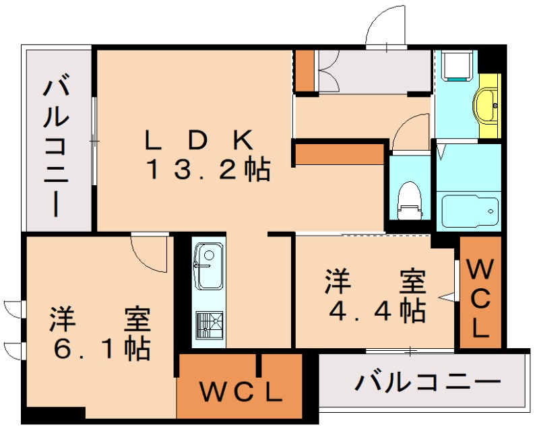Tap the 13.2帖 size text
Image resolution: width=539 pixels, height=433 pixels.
click(208, 170)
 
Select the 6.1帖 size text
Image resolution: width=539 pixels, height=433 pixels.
click(101, 348)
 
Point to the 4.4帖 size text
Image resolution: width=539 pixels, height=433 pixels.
click(376, 310)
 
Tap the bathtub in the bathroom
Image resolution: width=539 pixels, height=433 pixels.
click(470, 210)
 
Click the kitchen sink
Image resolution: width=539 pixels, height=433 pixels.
click(208, 265)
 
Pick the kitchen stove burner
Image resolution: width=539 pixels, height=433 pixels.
click(208, 325)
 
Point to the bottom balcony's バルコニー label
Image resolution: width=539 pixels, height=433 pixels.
click(429, 383)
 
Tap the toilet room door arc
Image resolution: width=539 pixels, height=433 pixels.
click(409, 131)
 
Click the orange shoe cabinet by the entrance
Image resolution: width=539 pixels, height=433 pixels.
click(305, 70)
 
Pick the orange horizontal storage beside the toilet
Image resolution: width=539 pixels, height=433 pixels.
click(339, 154)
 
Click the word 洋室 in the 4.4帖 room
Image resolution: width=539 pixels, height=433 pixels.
click(376, 281)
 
